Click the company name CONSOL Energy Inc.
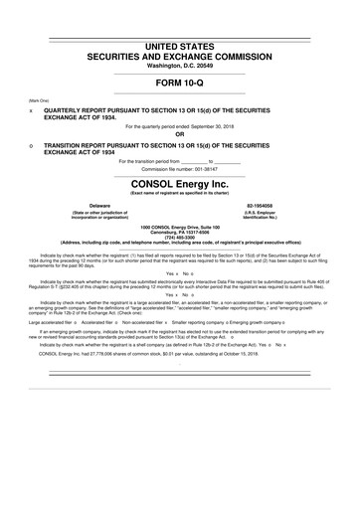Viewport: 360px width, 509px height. tap(179, 184)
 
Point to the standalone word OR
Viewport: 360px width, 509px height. tap(179, 135)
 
